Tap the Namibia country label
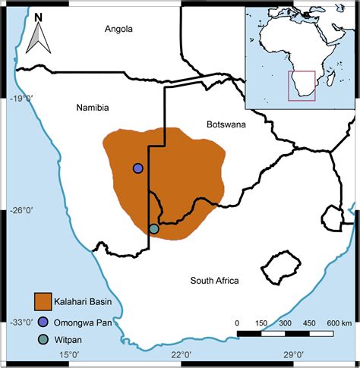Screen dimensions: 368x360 93,108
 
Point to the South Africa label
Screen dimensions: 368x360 215,281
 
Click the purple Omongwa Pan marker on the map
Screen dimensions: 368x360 137,168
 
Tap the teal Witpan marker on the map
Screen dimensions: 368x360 153,228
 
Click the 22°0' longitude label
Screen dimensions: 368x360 180,354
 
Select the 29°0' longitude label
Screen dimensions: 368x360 292,354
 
